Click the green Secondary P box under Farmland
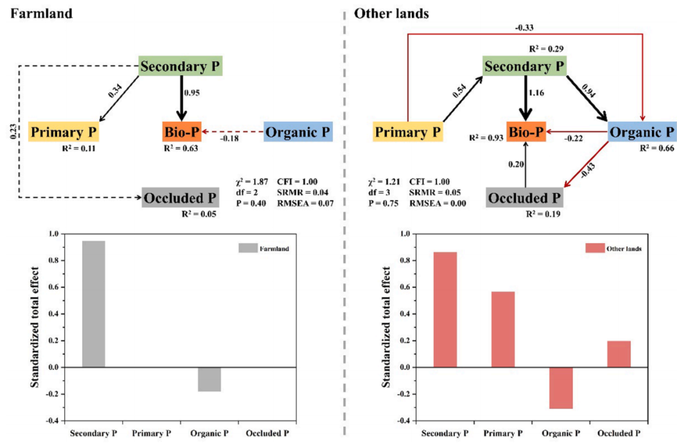(x=181, y=66)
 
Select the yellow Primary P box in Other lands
(x=408, y=132)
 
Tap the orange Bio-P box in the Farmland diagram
(x=182, y=132)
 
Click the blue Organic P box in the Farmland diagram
(x=298, y=132)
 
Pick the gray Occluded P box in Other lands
(x=525, y=197)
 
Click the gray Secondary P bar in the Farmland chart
(x=93, y=304)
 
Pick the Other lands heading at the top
(x=392, y=13)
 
